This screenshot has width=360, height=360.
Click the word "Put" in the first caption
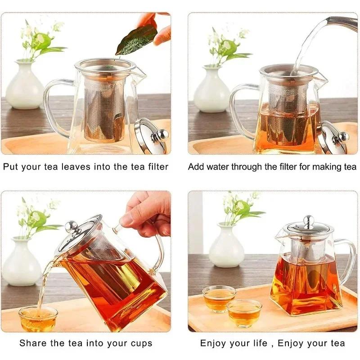(x=12, y=167)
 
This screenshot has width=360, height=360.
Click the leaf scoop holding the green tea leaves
(x=136, y=38)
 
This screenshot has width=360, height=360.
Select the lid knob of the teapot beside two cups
(x=308, y=221)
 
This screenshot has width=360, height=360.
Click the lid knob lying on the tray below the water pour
(x=342, y=136)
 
